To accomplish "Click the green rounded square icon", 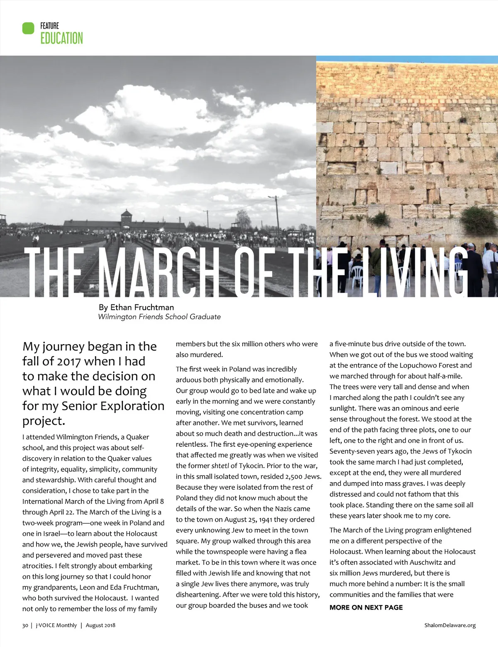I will point(28,28).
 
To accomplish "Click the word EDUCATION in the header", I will point(61,38).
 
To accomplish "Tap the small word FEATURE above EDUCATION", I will point(49,26).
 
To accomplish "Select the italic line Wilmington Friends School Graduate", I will point(159,317).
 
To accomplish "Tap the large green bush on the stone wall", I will point(479,220).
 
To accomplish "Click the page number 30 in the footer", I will point(25,625).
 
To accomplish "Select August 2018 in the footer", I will point(100,625).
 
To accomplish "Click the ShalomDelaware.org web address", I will point(450,625).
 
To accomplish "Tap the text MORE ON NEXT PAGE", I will point(366,608).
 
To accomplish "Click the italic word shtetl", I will point(220,466).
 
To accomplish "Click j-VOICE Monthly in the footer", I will point(56,625).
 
